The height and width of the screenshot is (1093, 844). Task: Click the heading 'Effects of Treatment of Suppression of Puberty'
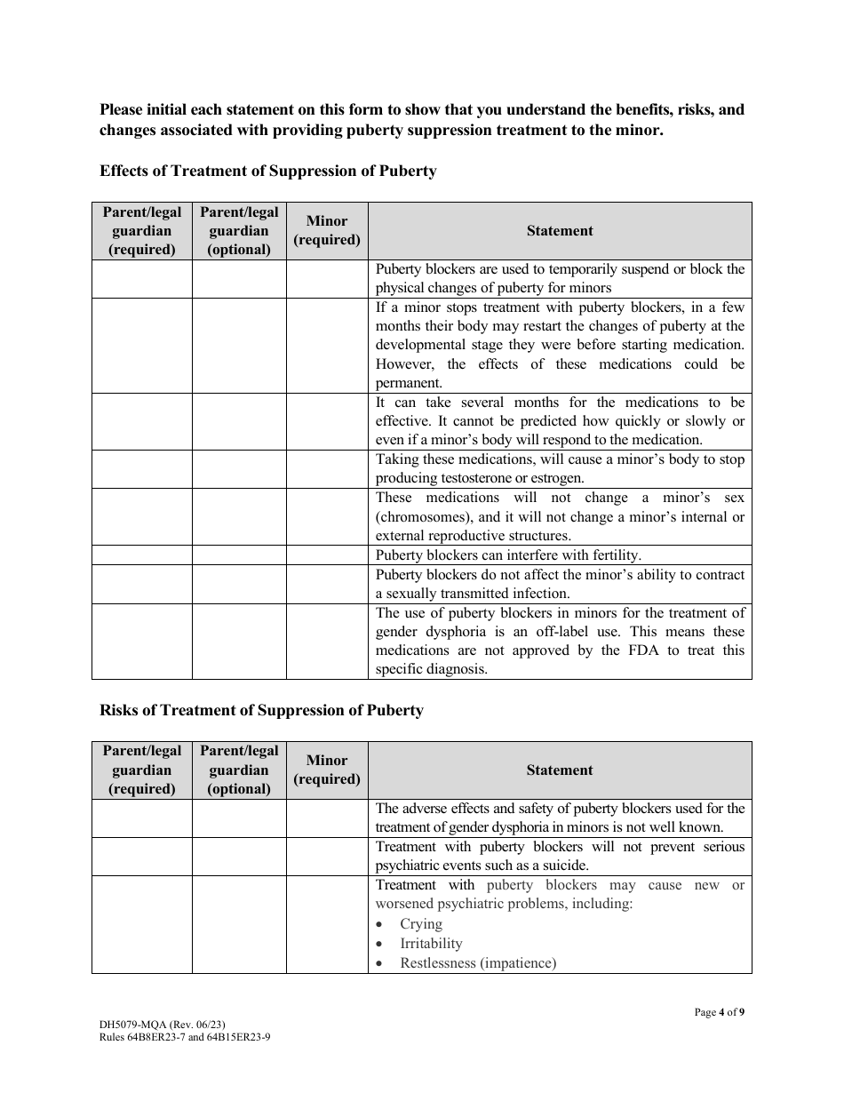[x=267, y=171]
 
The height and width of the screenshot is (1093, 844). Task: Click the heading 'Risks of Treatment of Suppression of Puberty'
[x=261, y=710]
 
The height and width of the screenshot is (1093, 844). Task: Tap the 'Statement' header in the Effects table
[x=559, y=231]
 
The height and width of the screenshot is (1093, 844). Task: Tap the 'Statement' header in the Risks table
[x=559, y=770]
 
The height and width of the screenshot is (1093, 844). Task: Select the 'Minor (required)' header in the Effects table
[x=327, y=231]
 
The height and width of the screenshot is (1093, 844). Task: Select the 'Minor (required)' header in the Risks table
[x=327, y=770]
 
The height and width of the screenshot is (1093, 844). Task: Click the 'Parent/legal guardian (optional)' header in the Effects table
[x=239, y=231]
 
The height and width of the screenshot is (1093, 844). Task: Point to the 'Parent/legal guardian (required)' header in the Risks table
[x=142, y=770]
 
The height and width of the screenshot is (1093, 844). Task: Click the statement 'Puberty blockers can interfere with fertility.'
[x=508, y=555]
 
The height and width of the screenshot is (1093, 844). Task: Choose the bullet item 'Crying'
[x=420, y=924]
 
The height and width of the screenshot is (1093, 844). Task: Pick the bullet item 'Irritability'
[x=431, y=944]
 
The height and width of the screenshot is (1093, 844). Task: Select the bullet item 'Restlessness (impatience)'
[x=478, y=963]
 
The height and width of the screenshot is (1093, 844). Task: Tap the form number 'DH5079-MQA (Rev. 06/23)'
[x=169, y=1024]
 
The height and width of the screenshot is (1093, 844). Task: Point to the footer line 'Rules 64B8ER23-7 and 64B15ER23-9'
[x=185, y=1036]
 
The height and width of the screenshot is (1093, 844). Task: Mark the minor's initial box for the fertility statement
[x=327, y=555]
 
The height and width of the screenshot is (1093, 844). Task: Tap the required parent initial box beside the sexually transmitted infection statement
[x=142, y=584]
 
